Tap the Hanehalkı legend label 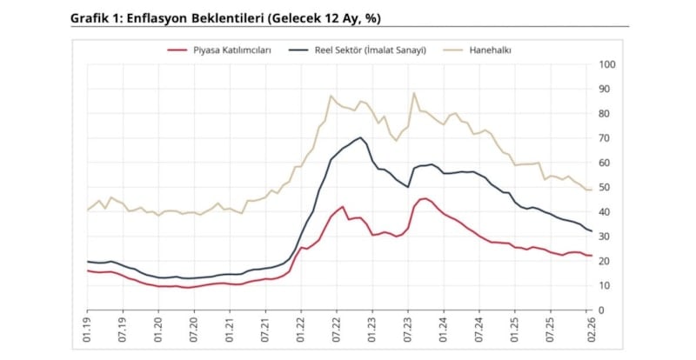coord(491,50)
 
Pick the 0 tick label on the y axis coord(601,310)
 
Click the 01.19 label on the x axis coord(88,332)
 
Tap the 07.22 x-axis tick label coord(336,332)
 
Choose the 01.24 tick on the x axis coord(442,332)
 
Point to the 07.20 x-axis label coord(194,332)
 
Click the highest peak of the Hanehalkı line coord(414,92)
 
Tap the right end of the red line coord(592,256)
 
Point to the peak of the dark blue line coord(360,137)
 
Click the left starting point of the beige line coord(88,210)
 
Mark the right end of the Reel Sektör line coord(592,231)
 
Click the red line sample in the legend coord(178,50)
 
